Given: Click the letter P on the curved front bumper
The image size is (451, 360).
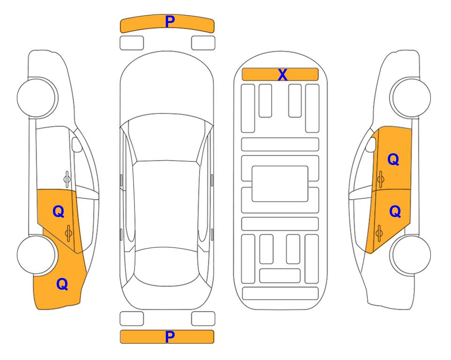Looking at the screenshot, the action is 170,22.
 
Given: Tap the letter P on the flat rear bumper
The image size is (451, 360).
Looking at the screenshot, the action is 170,337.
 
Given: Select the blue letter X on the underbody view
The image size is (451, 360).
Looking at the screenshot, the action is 282,75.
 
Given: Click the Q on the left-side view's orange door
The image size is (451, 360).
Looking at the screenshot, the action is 59,212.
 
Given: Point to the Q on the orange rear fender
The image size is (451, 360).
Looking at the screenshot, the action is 62,284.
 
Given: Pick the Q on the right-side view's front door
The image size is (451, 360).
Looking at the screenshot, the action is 393,159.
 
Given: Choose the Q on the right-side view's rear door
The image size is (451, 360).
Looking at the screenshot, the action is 395,211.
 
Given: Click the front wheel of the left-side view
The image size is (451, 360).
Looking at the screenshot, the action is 37,97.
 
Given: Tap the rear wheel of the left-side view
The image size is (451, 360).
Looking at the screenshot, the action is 36,255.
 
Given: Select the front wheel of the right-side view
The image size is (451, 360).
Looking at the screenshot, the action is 411,97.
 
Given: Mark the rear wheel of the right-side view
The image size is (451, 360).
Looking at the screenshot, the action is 411,255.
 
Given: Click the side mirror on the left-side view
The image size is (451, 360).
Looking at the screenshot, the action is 76,144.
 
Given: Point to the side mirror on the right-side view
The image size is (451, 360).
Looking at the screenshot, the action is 371,144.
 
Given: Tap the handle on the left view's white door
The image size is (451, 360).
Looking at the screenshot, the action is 67,179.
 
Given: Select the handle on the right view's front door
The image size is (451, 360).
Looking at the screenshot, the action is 380,179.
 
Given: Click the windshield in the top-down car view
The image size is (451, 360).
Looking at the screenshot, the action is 167,138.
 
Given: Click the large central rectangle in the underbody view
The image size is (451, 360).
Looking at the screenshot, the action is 280,184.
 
